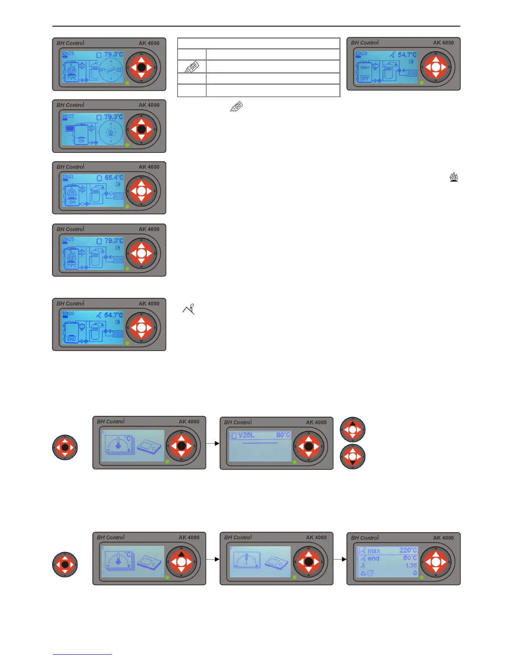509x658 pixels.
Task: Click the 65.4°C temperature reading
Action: pyautogui.click(x=114, y=177)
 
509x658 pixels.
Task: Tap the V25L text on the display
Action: pyautogui.click(x=246, y=435)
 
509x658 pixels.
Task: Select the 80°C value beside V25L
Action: pyautogui.click(x=283, y=435)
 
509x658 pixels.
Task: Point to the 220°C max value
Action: pyautogui.click(x=408, y=550)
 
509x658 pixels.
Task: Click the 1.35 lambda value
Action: pyautogui.click(x=411, y=565)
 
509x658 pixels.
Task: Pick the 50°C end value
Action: pyautogui.click(x=410, y=558)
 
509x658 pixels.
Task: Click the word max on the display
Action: pyautogui.click(x=373, y=551)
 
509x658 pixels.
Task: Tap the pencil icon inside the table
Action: pyautogui.click(x=192, y=67)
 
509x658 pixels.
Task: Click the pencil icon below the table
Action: pyautogui.click(x=236, y=107)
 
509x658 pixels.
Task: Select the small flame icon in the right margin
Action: pyautogui.click(x=454, y=177)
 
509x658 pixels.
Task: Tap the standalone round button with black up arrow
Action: pyautogui.click(x=353, y=430)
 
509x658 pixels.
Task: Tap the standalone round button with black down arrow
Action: pyautogui.click(x=353, y=457)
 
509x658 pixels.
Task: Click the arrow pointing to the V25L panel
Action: pyautogui.click(x=213, y=443)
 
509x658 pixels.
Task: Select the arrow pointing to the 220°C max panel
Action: pyautogui.click(x=340, y=559)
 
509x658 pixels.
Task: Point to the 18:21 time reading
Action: pyautogui.click(x=68, y=177)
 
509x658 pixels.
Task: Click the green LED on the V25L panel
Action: pyautogui.click(x=294, y=462)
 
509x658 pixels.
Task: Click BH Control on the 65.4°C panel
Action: pyautogui.click(x=70, y=167)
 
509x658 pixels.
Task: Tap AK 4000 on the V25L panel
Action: pyautogui.click(x=316, y=422)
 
